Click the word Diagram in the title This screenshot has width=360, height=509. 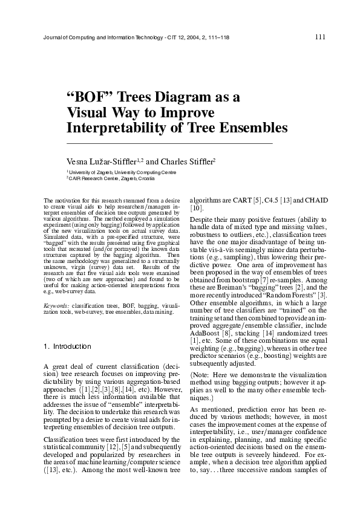(183, 98)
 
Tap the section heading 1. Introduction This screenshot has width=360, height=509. (68, 347)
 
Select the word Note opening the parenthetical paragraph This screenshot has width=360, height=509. (203, 375)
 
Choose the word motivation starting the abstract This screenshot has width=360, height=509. (68, 199)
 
